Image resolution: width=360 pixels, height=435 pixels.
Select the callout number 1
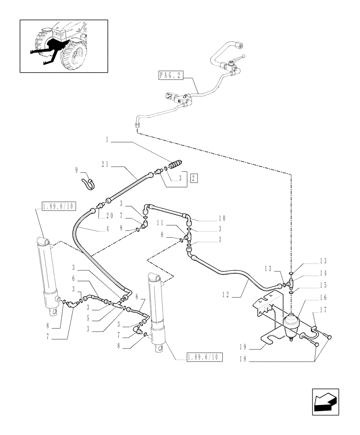[107, 141]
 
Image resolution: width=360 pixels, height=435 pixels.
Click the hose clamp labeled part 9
[88, 183]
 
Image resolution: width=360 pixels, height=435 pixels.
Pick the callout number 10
[222, 218]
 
